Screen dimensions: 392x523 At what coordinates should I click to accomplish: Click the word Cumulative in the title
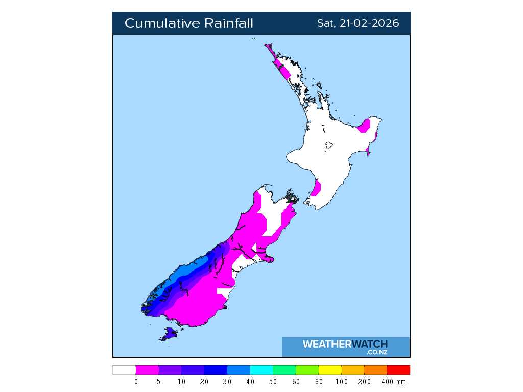(162, 23)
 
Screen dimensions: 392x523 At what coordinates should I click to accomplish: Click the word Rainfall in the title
(229, 23)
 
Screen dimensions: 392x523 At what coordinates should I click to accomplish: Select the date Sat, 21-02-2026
(358, 23)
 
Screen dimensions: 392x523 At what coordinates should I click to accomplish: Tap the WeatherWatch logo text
(345, 344)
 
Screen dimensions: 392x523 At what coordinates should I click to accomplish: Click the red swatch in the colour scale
(398, 371)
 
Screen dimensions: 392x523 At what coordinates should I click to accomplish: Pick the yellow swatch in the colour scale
(330, 371)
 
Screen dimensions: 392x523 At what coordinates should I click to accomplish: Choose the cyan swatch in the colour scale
(261, 371)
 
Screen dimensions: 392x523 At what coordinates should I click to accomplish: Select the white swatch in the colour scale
(124, 371)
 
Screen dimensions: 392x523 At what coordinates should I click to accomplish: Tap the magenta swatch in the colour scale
(147, 371)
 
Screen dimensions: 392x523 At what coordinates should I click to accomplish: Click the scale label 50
(273, 382)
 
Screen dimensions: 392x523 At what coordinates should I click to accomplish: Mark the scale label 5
(159, 382)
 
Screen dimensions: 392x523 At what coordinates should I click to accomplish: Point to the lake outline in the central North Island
(328, 146)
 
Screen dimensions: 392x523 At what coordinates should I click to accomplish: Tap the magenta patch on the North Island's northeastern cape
(365, 126)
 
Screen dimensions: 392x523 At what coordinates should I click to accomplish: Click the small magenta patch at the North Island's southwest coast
(316, 188)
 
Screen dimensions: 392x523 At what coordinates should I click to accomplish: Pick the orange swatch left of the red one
(375, 371)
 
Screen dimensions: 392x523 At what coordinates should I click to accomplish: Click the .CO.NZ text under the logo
(376, 352)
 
